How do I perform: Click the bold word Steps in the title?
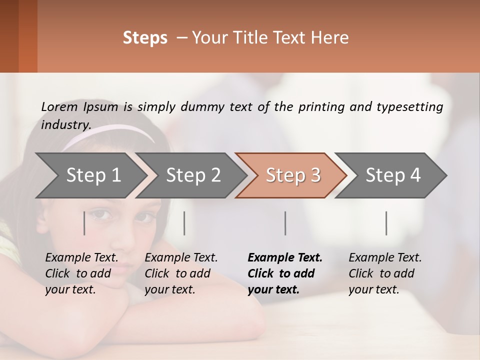(145, 38)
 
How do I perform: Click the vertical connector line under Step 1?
(84, 223)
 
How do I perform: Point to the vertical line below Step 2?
(184, 223)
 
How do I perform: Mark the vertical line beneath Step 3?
(285, 223)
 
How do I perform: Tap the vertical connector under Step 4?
(386, 223)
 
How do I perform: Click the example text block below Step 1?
(82, 273)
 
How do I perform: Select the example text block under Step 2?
(181, 273)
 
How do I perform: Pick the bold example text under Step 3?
(285, 273)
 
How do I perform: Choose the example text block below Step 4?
(385, 273)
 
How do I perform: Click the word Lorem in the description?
(59, 107)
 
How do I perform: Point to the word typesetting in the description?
(409, 107)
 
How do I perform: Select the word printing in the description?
(319, 107)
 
